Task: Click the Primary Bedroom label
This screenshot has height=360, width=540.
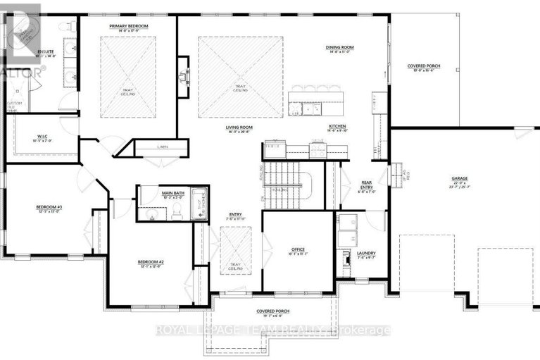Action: (128, 26)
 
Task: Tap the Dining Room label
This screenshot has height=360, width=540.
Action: (339, 48)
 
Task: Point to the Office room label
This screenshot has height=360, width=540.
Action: (297, 249)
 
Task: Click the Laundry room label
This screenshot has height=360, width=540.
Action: (365, 254)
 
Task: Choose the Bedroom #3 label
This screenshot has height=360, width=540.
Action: (50, 207)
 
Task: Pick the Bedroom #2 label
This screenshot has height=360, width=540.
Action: (151, 262)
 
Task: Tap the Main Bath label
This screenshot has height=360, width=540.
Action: (172, 192)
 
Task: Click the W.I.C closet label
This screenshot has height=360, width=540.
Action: (42, 137)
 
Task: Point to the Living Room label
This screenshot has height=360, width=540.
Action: (239, 128)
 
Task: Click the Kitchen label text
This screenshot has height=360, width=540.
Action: (338, 126)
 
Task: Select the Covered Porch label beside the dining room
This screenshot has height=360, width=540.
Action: (424, 66)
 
